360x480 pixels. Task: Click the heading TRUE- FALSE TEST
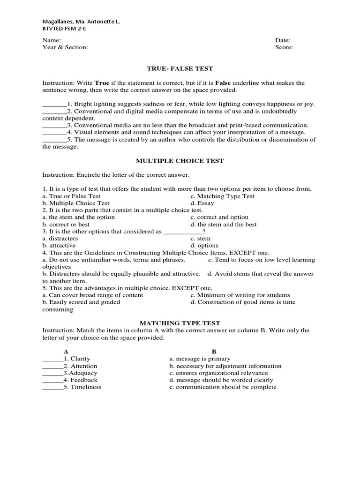pyautogui.click(x=180, y=68)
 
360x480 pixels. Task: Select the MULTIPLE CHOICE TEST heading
pyautogui.click(x=180, y=161)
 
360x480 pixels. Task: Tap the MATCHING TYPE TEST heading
pyautogui.click(x=180, y=323)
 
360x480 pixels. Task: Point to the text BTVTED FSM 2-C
pyautogui.click(x=64, y=29)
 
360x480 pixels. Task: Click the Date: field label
pyautogui.click(x=283, y=40)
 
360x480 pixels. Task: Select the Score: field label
pyautogui.click(x=284, y=47)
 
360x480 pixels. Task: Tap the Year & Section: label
pyautogui.click(x=65, y=47)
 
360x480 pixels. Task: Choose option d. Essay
pyautogui.click(x=202, y=203)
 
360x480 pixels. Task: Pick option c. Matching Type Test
pyautogui.click(x=222, y=196)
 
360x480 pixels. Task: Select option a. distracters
pyautogui.click(x=60, y=239)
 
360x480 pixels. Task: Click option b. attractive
pyautogui.click(x=59, y=246)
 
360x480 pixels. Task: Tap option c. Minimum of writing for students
pyautogui.click(x=240, y=295)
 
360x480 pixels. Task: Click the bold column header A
pyautogui.click(x=66, y=352)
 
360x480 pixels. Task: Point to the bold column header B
pyautogui.click(x=214, y=352)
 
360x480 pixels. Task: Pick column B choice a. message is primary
pyautogui.click(x=200, y=359)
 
